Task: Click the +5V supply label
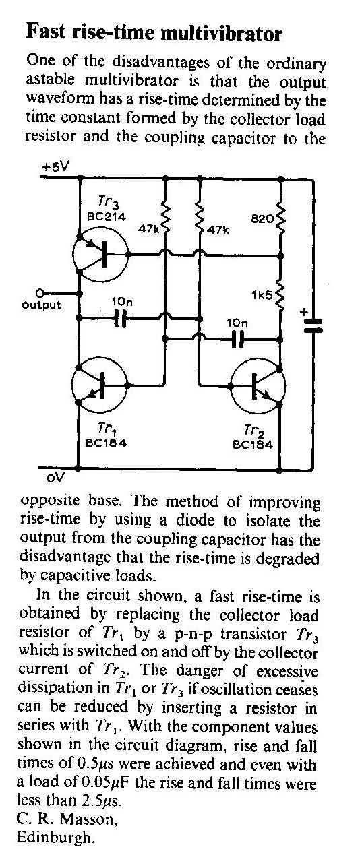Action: coord(55,166)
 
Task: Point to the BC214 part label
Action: coord(107,217)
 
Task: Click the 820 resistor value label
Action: coord(262,219)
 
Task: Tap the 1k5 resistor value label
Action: coord(262,295)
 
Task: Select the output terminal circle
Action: coord(39,293)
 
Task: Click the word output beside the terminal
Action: coord(41,305)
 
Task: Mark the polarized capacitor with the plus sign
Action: coord(313,325)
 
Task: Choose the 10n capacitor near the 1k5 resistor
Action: coord(237,339)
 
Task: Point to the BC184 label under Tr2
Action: coord(253,445)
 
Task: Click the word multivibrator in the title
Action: coord(221,34)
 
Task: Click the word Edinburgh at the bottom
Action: coord(55,837)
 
